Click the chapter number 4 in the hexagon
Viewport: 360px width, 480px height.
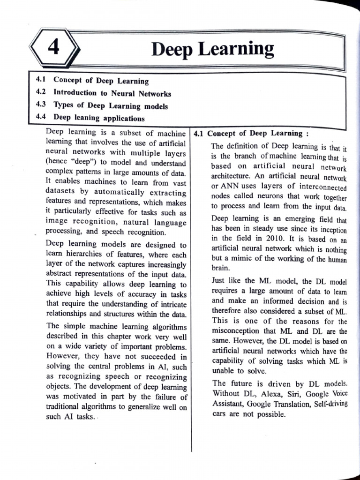(54, 47)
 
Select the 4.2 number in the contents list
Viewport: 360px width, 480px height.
(40, 93)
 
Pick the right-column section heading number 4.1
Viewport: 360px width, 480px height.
(198, 134)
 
